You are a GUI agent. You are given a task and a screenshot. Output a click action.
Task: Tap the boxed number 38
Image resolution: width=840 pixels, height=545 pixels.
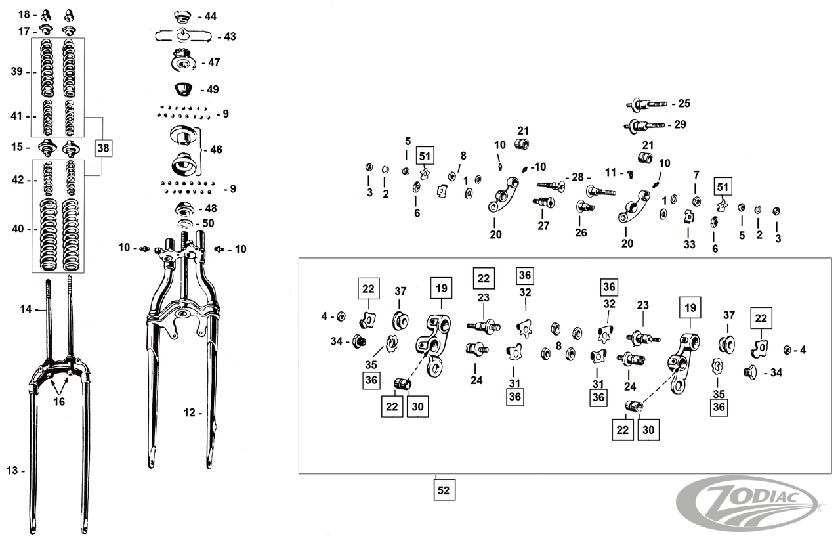(x=104, y=148)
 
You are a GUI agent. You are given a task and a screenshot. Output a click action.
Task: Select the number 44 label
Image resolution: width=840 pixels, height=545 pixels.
(x=210, y=16)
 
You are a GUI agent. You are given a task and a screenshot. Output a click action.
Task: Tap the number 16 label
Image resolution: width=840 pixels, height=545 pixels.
(x=59, y=402)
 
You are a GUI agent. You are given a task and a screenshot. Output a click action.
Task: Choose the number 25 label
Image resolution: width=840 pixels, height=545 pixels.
(x=684, y=104)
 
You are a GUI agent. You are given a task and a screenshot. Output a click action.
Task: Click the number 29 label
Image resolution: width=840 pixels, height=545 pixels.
(x=680, y=124)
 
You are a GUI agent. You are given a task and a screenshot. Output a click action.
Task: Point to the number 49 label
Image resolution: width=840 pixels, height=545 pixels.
(x=212, y=89)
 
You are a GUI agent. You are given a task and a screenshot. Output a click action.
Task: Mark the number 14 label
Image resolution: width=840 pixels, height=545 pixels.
(x=26, y=309)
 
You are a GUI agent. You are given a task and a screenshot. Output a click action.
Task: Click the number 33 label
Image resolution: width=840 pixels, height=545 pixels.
(x=688, y=245)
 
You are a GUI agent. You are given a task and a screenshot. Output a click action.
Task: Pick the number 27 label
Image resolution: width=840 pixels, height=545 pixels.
(x=543, y=226)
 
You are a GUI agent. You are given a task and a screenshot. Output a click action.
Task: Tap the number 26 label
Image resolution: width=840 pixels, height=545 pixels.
(x=581, y=232)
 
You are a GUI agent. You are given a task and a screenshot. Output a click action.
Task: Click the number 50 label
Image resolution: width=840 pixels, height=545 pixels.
(x=209, y=223)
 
